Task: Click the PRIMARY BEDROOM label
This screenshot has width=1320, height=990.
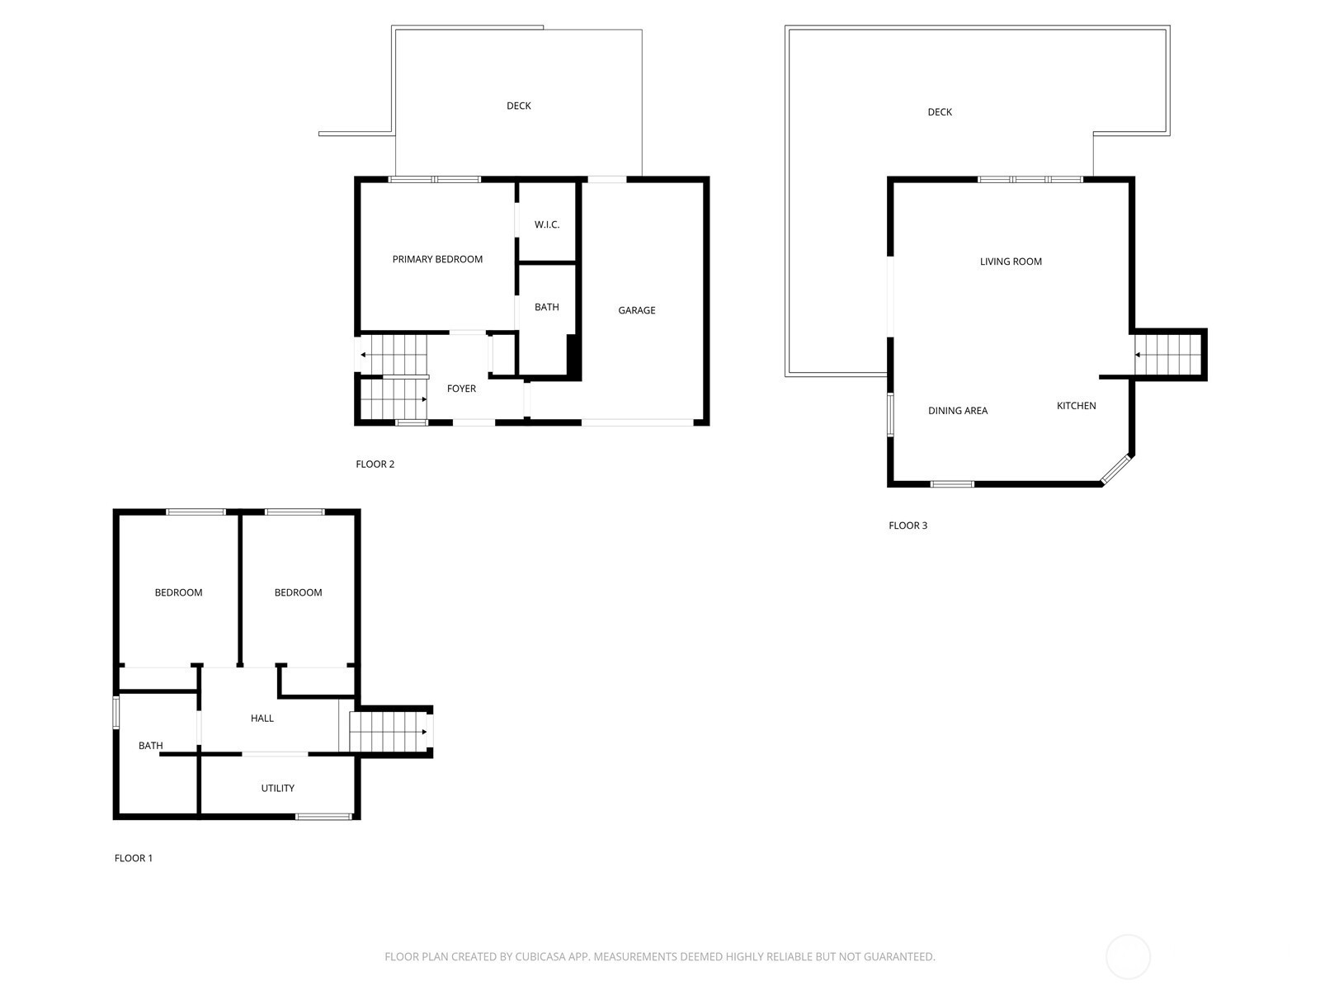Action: tap(437, 259)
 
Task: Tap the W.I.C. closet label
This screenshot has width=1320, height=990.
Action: tap(547, 224)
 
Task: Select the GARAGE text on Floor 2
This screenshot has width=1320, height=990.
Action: tap(637, 310)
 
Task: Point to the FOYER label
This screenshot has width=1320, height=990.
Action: tap(461, 389)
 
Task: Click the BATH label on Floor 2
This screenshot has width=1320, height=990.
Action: tap(546, 307)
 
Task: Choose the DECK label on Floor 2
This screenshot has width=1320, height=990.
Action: tap(519, 106)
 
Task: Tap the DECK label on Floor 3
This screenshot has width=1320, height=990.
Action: tap(940, 112)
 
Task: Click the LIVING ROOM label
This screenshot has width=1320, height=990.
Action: tap(1011, 262)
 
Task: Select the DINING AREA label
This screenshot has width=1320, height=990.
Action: tap(957, 411)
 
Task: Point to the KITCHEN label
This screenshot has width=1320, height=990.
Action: tap(1076, 406)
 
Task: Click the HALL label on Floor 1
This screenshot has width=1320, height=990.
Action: tap(262, 719)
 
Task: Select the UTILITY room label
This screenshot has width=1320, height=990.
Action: tap(277, 788)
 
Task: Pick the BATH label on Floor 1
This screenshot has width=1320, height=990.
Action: tap(150, 746)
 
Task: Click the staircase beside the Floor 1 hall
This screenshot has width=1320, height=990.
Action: tap(386, 731)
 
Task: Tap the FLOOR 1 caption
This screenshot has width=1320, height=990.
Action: tap(134, 858)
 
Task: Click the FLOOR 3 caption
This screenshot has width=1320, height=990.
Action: tap(907, 526)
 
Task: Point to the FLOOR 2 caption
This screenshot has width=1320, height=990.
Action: tap(375, 464)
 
